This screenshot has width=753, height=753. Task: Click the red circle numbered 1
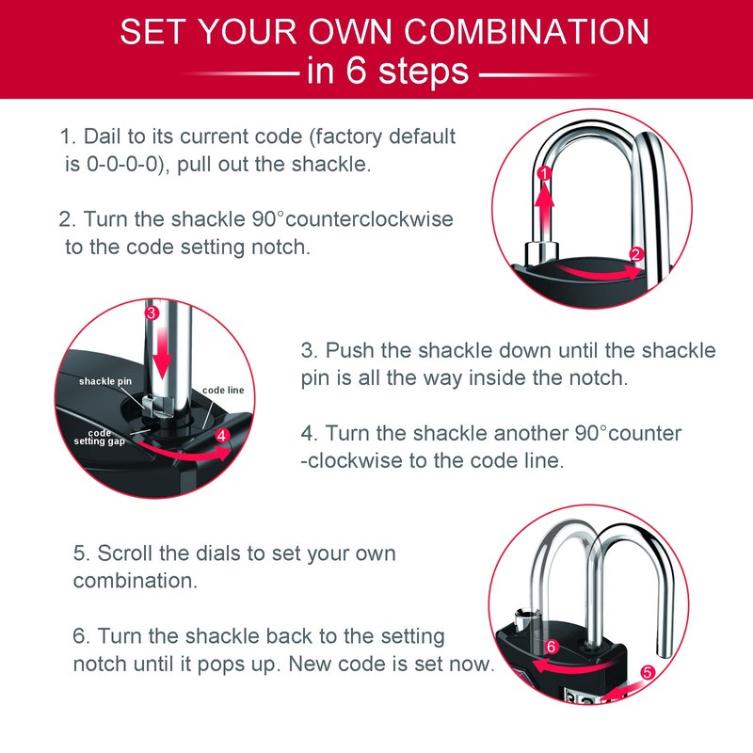(x=543, y=174)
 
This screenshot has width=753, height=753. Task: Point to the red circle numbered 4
(x=221, y=436)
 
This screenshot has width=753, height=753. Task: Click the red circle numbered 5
(x=648, y=673)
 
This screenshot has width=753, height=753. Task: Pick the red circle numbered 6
(x=553, y=647)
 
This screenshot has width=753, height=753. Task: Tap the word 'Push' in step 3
(x=348, y=350)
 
